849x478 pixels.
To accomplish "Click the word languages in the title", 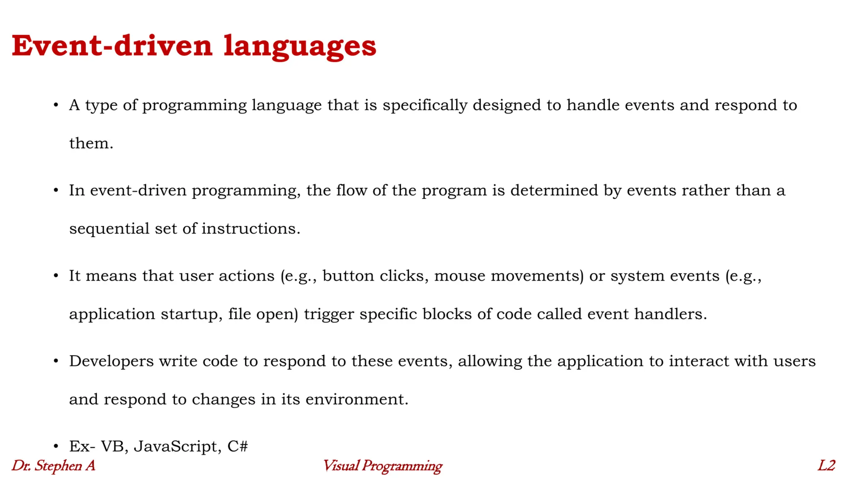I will (x=300, y=46).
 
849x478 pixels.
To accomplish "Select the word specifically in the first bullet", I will (x=425, y=105).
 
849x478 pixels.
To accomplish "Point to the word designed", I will (x=507, y=105).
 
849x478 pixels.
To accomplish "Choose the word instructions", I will (x=250, y=229).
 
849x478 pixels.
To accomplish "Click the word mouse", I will (x=459, y=276).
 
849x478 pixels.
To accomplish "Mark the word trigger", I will (x=329, y=314).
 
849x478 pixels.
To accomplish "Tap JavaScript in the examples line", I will (x=177, y=446).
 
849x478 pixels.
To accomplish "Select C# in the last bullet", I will (x=238, y=446).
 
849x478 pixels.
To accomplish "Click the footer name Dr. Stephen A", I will (x=53, y=466).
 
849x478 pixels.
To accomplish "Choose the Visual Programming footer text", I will (x=382, y=466).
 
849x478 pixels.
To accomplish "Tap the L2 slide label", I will (x=826, y=466).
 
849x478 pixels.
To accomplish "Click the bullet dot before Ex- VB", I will (x=56, y=446).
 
